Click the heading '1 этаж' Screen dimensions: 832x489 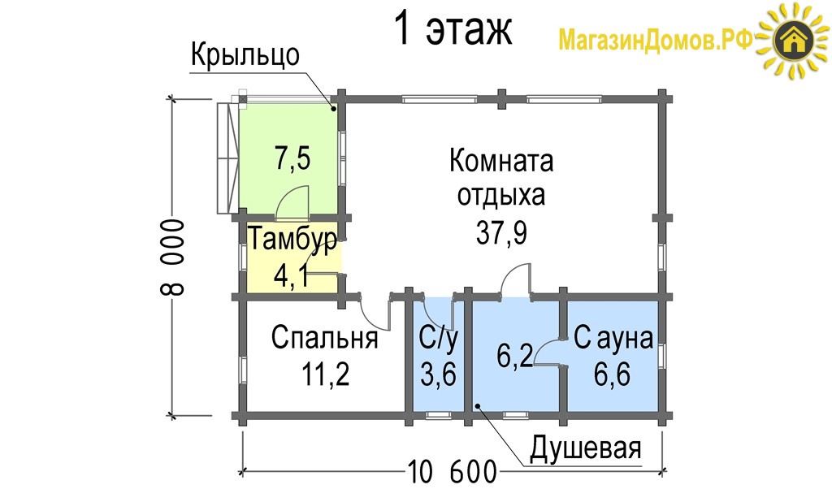[x=453, y=29]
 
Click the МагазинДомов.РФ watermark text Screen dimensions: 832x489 [x=656, y=40]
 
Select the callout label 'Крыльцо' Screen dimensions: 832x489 [x=245, y=54]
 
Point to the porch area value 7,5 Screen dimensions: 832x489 [x=292, y=158]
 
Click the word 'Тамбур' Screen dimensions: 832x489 [x=292, y=239]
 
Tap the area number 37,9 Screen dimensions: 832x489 [x=501, y=233]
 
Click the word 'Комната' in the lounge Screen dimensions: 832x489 [x=501, y=160]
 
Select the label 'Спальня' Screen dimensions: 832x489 [x=325, y=337]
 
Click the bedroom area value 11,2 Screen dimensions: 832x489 [x=325, y=374]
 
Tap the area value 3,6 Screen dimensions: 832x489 [x=438, y=374]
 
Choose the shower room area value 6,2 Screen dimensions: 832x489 [x=514, y=355]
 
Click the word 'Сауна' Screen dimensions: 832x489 [x=613, y=338]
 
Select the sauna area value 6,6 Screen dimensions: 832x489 [x=613, y=374]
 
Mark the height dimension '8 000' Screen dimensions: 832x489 [x=172, y=257]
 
